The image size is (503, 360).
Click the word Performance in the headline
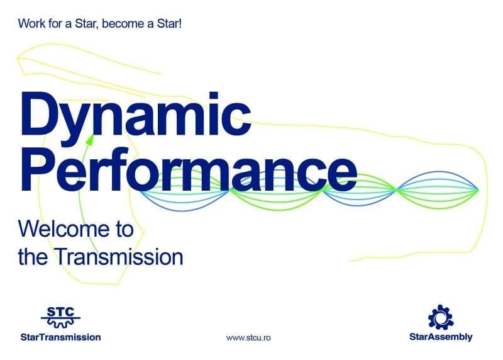189,169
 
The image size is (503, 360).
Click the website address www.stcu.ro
248,338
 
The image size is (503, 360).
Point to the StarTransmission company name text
60,337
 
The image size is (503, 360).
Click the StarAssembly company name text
441,337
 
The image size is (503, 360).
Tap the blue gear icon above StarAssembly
441,317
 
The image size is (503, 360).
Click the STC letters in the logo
60,312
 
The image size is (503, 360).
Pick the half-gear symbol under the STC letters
60,323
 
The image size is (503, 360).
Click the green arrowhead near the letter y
90,140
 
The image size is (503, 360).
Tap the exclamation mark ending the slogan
180,23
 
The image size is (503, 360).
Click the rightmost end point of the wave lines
478,190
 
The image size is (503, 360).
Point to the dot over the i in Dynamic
214,96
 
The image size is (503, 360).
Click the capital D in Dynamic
40,113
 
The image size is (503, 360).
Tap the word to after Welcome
123,229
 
